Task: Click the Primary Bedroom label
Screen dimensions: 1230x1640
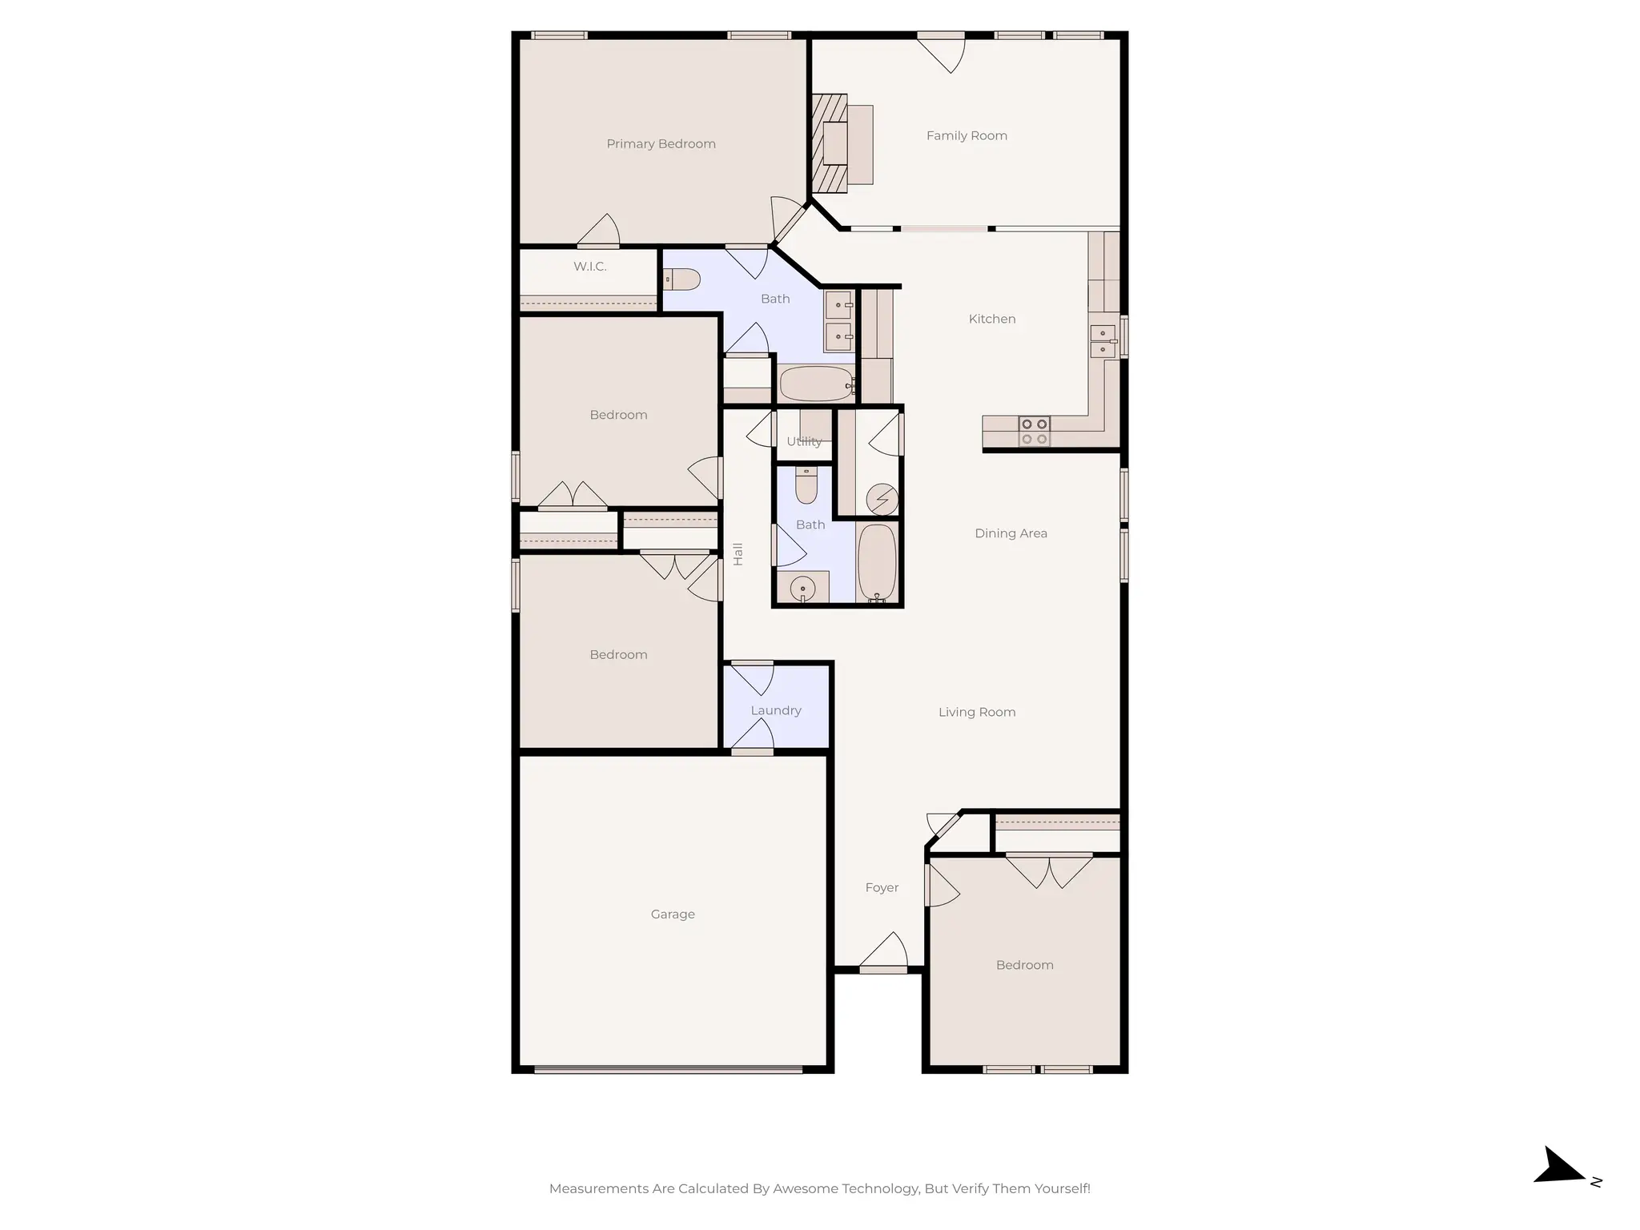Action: pos(661,144)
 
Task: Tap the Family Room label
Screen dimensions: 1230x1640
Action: pos(967,136)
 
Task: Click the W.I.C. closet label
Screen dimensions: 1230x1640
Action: pos(589,267)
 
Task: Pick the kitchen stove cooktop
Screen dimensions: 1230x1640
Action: pos(1034,431)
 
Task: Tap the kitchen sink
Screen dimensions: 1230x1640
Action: pos(1103,340)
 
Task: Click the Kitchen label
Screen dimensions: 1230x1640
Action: pos(991,319)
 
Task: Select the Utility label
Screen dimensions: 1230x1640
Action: pos(804,441)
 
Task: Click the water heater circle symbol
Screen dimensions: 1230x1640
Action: pos(882,500)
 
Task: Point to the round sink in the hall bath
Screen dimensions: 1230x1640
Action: pos(802,589)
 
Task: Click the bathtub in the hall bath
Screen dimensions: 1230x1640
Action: pos(878,562)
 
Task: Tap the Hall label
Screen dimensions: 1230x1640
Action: pos(738,554)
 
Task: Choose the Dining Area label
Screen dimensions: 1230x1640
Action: pos(1011,533)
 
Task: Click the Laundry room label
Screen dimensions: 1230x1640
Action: pos(775,710)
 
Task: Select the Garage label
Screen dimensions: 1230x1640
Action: pos(673,914)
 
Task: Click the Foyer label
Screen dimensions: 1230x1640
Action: pos(882,888)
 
